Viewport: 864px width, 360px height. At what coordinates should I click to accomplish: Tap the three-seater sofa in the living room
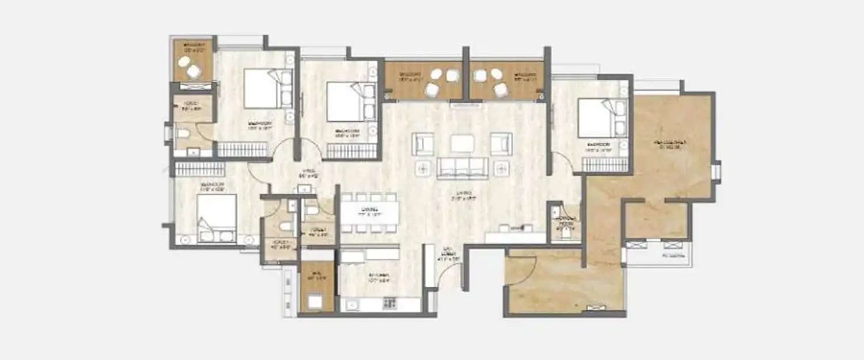tap(463, 168)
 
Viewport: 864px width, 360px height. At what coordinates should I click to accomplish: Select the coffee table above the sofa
tap(463, 143)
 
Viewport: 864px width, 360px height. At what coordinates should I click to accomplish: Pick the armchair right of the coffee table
tap(501, 143)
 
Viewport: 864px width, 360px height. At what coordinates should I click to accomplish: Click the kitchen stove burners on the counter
tap(389, 302)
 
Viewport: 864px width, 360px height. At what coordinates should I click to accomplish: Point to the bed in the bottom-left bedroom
tap(217, 218)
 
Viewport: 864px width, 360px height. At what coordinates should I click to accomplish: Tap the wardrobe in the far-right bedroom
tap(604, 165)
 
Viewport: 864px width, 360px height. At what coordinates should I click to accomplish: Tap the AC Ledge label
tap(673, 255)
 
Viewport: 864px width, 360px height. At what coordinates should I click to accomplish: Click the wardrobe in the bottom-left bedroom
tap(199, 169)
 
